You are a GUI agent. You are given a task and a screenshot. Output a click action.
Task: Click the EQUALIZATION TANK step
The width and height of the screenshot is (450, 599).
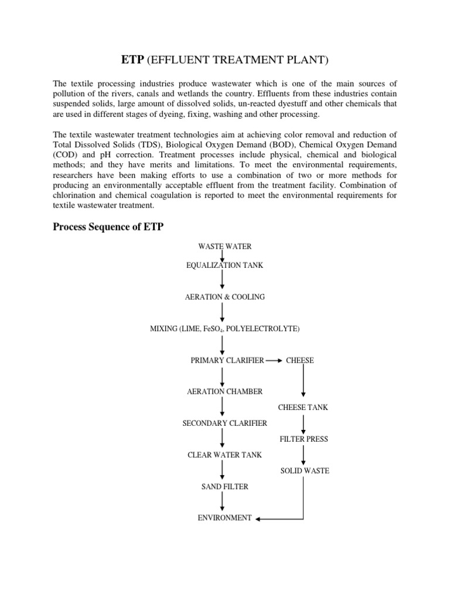pos(224,266)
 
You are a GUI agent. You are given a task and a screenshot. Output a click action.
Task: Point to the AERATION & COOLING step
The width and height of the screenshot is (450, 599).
pos(224,297)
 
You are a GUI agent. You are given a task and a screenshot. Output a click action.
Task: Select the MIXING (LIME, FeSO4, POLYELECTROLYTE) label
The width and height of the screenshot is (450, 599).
pos(224,329)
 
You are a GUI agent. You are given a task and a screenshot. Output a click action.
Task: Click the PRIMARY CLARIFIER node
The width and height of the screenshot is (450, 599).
pos(227,360)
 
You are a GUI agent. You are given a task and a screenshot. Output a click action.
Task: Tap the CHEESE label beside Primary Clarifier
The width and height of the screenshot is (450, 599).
pos(300,360)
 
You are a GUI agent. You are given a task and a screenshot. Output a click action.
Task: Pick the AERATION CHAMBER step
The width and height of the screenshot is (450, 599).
pos(224,391)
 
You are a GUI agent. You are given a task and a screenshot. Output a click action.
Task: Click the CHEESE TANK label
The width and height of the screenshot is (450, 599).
pos(303,407)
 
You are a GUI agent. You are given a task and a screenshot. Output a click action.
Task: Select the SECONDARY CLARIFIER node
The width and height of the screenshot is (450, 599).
pos(224,423)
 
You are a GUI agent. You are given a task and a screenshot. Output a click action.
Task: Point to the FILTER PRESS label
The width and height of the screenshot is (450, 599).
pos(304,439)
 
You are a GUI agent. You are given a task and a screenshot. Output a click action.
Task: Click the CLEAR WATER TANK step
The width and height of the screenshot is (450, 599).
pos(224,455)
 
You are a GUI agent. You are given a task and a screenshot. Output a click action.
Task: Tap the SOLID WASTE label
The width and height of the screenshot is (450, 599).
pos(304,470)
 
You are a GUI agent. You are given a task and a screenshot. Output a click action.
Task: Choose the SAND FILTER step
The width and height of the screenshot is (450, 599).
pos(224,486)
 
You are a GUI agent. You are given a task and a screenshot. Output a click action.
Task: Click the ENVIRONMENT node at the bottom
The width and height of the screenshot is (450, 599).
pos(224,518)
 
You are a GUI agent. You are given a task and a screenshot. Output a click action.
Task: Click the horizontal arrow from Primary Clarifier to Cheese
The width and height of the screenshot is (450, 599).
pos(274,360)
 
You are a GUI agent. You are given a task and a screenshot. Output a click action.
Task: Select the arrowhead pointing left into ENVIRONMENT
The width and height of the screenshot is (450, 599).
pos(259,518)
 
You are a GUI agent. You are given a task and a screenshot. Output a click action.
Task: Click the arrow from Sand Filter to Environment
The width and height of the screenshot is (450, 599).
pos(223,502)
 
